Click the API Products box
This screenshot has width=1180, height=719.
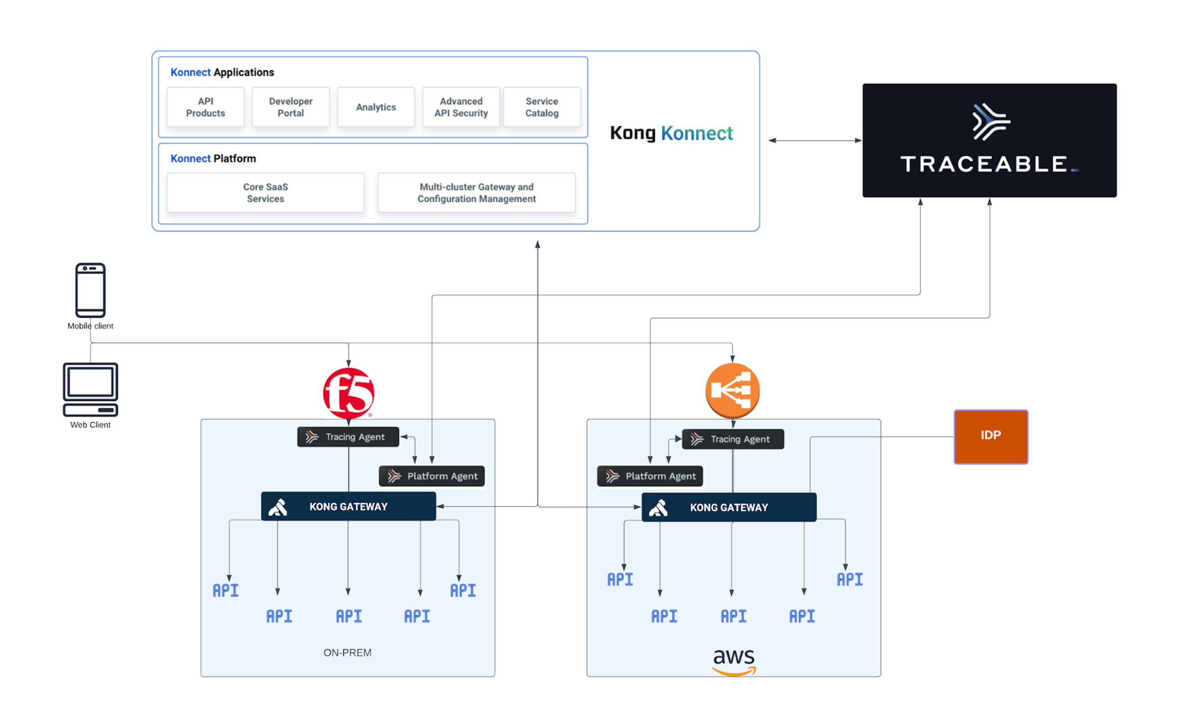(206, 107)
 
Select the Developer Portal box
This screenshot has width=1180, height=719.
(291, 107)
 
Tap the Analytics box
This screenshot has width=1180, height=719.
(376, 107)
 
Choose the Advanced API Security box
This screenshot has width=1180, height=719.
(461, 107)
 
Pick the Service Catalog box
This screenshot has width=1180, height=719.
(542, 107)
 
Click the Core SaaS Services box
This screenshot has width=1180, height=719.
(265, 193)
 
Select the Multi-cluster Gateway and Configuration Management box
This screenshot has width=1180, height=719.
(477, 193)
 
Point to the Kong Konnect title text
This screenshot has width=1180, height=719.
(672, 133)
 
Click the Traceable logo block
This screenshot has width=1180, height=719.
(989, 140)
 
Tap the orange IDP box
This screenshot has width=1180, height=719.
(991, 436)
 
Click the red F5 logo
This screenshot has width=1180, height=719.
(348, 393)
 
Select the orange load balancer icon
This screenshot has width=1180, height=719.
(732, 390)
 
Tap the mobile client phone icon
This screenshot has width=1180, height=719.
(90, 290)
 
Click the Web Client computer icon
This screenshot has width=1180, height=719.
(90, 389)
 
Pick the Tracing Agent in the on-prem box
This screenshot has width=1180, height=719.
(348, 437)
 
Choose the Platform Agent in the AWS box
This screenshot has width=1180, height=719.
(650, 476)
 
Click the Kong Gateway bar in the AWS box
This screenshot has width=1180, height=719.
(729, 507)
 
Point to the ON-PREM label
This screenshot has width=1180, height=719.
(347, 653)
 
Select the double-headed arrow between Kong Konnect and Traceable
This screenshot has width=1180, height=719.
(814, 140)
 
